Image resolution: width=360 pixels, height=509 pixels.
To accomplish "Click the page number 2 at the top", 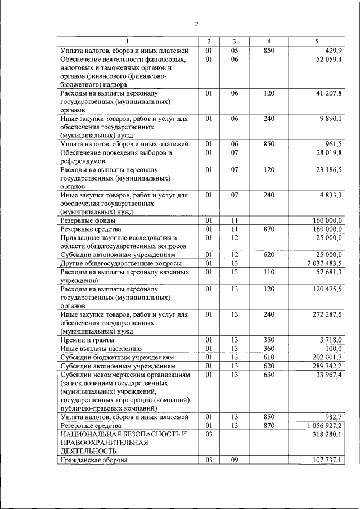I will pos(196,24).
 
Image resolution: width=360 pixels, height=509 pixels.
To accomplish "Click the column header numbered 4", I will pos(268,42).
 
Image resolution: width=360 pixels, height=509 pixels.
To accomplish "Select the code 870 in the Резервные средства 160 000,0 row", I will pos(268,229).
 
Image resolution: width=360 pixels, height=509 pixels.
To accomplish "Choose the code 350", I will pos(268,340).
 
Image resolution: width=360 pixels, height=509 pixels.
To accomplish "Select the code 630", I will pos(268,374).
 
